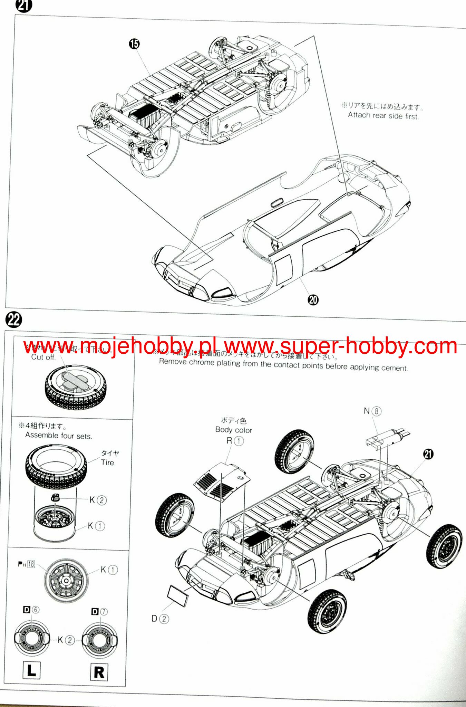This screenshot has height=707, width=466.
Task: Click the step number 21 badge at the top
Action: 23,6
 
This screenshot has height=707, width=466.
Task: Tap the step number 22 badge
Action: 14,320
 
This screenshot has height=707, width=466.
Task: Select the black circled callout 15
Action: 134,44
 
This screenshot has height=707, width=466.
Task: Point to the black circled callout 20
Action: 313,299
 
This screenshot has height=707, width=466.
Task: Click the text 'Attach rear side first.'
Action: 383,116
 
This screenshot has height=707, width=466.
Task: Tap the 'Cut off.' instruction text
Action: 43,357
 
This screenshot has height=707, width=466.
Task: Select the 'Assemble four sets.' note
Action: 59,436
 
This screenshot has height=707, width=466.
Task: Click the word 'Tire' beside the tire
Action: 107,462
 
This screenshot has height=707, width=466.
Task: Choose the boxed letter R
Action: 99,672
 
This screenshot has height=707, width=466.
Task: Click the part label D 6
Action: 31,610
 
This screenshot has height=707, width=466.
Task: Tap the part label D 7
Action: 99,612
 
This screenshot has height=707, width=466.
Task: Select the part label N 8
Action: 372,411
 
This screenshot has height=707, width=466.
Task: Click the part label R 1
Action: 235,441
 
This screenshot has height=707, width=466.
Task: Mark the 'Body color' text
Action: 233,430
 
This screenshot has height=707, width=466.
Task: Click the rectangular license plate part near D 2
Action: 178,595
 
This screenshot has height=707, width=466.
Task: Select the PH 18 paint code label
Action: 27,564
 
